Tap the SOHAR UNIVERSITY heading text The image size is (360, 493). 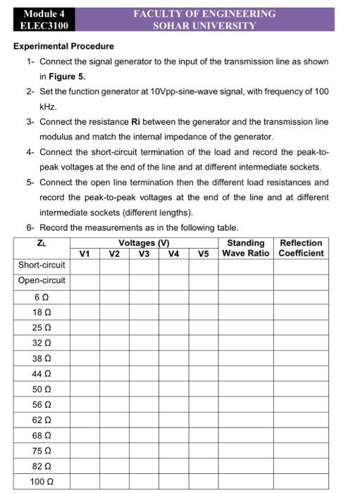pos(205,26)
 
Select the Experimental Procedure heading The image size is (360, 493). pos(64,46)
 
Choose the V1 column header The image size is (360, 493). pos(85,253)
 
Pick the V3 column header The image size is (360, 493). pos(144,253)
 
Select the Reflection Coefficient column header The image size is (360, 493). pos(302,248)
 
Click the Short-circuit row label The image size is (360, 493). pos(42,266)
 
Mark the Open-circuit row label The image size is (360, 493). pos(42,280)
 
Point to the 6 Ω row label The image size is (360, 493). pos(42,297)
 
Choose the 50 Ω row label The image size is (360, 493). pos(42,389)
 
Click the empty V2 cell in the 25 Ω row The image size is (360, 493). pos(113,328)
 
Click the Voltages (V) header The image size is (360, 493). pos(144,243)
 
